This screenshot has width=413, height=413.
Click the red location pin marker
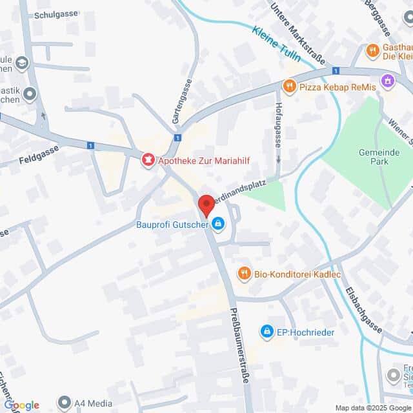pyautogui.click(x=206, y=205)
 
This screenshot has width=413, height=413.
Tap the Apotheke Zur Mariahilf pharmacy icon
pyautogui.click(x=148, y=159)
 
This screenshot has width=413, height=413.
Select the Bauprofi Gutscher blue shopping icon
pyautogui.click(x=218, y=225)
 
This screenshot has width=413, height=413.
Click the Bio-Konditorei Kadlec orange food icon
pyautogui.click(x=243, y=274)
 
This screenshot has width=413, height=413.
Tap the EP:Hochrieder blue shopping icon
pyautogui.click(x=266, y=331)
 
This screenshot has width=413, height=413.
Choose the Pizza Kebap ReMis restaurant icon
pyautogui.click(x=290, y=86)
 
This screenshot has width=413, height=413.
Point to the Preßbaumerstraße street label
pyautogui.click(x=238, y=346)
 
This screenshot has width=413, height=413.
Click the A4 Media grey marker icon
pyautogui.click(x=64, y=403)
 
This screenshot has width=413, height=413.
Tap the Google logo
pyautogui.click(x=22, y=405)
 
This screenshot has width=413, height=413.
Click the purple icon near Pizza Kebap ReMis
pyautogui.click(x=387, y=81)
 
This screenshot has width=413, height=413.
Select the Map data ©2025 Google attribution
pyautogui.click(x=372, y=408)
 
